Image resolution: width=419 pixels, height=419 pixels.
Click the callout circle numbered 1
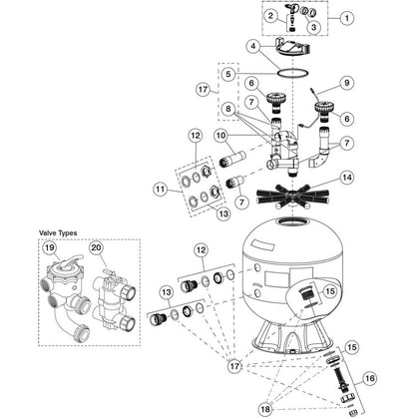point(347,18)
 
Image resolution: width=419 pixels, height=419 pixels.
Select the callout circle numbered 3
point(313,27)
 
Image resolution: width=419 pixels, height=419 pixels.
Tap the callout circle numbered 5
point(227,74)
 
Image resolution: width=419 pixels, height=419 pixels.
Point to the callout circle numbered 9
point(347,83)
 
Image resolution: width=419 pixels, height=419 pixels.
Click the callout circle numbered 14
point(347,178)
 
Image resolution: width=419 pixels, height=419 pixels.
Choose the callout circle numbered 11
point(161,190)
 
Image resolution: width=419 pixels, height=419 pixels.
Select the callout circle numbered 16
point(369,378)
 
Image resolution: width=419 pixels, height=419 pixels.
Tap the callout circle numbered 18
point(265,409)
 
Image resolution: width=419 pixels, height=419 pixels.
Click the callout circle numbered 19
point(50,247)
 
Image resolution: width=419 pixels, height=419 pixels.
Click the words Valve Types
point(58,233)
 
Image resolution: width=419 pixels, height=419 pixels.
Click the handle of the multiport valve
point(72,261)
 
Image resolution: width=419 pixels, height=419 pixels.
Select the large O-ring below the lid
point(292,74)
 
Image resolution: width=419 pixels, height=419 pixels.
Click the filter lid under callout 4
point(293,47)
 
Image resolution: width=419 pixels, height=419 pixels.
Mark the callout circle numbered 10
point(221,136)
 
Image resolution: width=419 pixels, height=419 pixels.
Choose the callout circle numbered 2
point(271,16)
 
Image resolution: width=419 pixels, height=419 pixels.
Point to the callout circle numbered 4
point(253,46)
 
